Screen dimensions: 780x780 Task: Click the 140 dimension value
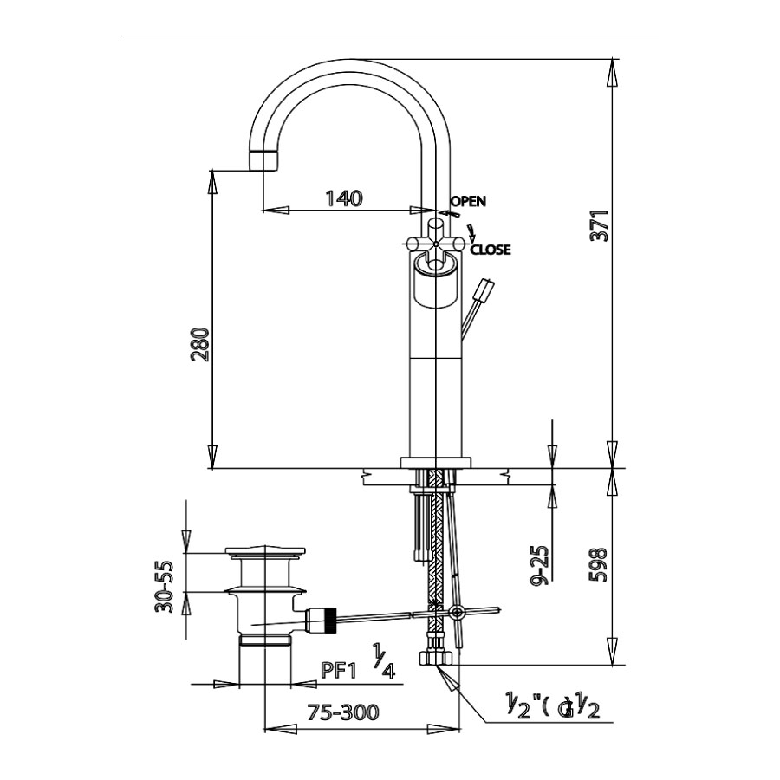point(343,198)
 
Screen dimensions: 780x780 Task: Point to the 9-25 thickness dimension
point(542,565)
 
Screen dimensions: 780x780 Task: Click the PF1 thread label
point(340,670)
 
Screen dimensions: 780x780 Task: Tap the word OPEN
point(468,201)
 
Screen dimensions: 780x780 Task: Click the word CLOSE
point(491,250)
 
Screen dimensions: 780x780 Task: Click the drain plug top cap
point(265,552)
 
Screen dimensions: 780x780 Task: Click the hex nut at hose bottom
point(438,660)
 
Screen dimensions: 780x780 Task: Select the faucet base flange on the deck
point(435,462)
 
